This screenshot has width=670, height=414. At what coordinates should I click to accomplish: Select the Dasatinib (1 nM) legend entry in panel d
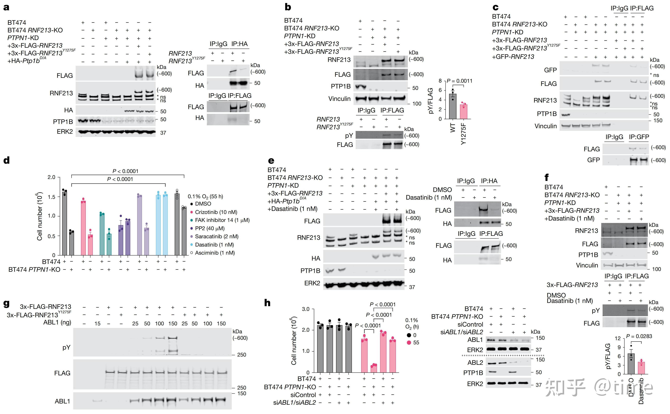pos(214,245)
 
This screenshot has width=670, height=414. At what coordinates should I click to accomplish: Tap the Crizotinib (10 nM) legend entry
pos(216,212)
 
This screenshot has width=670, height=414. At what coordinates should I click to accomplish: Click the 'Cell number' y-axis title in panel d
pos(40,216)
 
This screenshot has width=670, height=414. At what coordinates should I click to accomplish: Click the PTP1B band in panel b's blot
pos(361,87)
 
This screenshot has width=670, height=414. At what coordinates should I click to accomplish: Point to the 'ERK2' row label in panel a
pos(65,132)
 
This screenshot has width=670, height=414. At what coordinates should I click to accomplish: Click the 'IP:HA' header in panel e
pos(489,181)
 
